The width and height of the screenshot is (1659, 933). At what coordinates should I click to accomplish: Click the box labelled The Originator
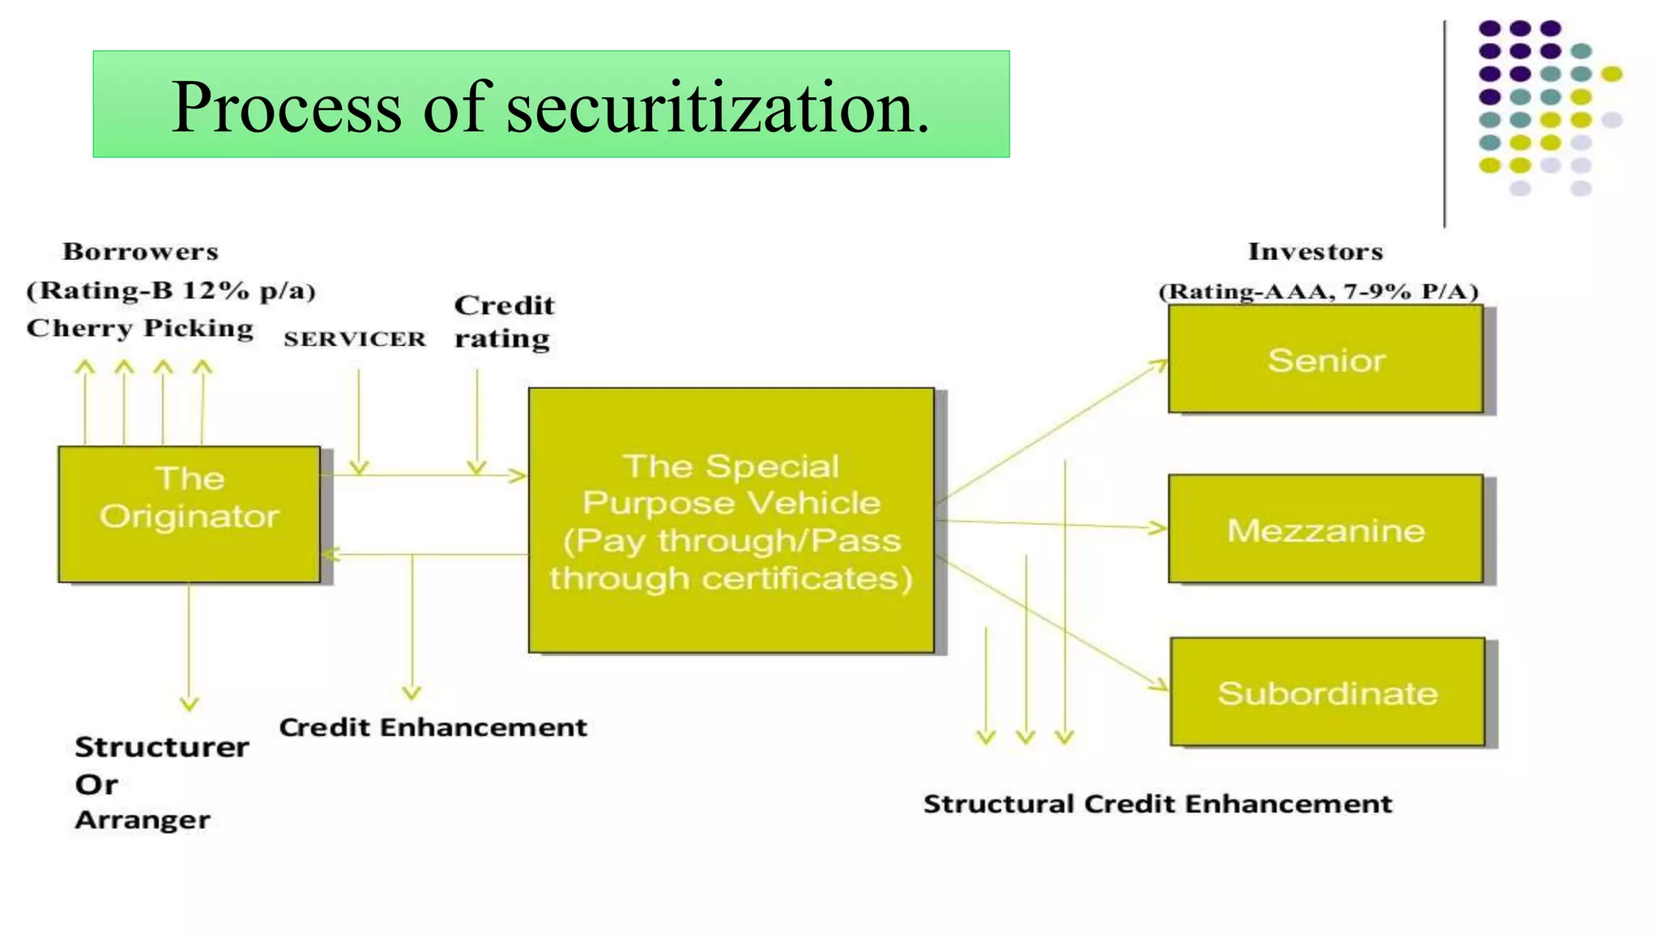pos(189,513)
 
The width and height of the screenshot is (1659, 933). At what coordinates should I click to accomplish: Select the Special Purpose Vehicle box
pos(731,520)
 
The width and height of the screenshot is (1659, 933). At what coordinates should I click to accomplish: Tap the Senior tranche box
pos(1325,360)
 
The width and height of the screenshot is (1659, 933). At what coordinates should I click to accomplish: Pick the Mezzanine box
pos(1325,529)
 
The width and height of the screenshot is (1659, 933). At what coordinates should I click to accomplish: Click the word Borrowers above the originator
pos(141,251)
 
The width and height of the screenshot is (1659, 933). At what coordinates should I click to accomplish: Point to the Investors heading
pos(1316,251)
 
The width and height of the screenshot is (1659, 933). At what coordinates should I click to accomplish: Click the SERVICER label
pos(355,339)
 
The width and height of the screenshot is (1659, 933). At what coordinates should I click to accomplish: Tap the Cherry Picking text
pos(140,328)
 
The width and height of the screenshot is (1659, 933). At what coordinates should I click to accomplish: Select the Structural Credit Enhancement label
pos(1158,803)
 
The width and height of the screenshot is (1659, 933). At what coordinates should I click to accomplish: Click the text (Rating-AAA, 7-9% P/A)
pos(1319,291)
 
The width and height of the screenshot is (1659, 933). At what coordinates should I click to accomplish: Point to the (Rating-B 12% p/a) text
pos(171,290)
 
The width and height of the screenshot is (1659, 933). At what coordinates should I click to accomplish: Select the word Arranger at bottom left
pos(143,820)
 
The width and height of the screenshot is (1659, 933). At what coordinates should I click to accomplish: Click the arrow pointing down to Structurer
pos(190,648)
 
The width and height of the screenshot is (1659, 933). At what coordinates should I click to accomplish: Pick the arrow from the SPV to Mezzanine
pos(1053,525)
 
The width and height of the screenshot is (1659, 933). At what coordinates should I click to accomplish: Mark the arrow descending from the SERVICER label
pos(359,421)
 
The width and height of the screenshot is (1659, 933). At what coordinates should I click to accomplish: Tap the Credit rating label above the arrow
pos(504,322)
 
